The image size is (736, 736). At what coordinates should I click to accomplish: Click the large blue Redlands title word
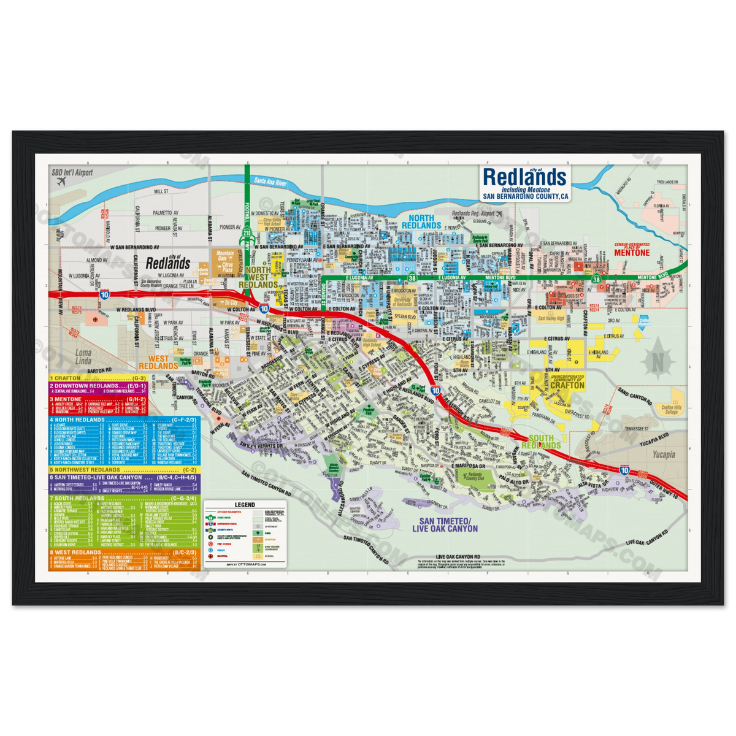[x=524, y=177]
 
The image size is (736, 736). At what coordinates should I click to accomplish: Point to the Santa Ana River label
[x=270, y=182]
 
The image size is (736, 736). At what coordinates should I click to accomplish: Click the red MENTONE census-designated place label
[x=632, y=252]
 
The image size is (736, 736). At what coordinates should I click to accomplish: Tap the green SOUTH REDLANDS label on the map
[x=544, y=442]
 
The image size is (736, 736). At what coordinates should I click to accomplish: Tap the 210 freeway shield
[x=247, y=233]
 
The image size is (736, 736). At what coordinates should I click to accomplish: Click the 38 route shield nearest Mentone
[x=596, y=279]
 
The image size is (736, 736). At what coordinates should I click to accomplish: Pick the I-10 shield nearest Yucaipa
[x=624, y=470]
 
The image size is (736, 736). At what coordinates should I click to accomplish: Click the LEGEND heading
[x=245, y=504]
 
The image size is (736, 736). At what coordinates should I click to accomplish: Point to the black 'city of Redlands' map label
[x=167, y=262]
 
